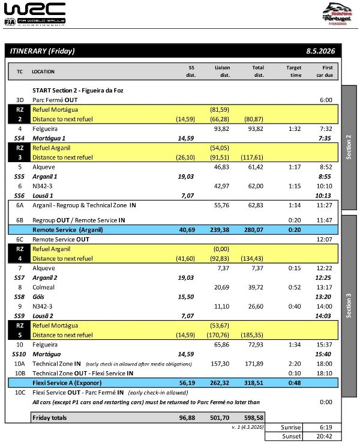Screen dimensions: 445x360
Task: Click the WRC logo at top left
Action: (35, 13)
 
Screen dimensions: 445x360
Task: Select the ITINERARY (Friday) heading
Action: (43, 52)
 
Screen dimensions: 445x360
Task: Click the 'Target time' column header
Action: (293, 71)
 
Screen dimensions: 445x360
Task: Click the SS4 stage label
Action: (19, 138)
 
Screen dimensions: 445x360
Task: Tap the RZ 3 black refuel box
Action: (19, 153)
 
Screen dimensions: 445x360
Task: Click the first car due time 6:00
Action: (326, 100)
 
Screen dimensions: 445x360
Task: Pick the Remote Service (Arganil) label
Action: (68, 229)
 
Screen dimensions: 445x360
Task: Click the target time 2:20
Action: (293, 364)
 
